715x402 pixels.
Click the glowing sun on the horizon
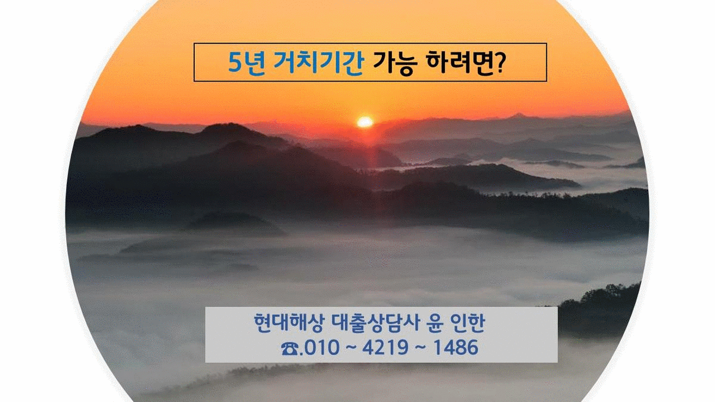click(365, 122)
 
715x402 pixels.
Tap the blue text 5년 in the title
click(247, 62)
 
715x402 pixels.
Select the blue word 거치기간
click(319, 62)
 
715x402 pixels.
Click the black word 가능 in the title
click(395, 63)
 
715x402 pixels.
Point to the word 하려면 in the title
click(459, 62)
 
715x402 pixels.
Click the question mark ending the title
click(499, 63)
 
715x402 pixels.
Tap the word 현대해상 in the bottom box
click(290, 323)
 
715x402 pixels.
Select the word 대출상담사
click(376, 323)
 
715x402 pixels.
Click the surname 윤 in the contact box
click(435, 323)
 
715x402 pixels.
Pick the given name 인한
click(468, 323)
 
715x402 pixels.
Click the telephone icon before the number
click(290, 349)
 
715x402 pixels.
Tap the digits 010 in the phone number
click(322, 347)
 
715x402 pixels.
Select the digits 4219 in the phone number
click(386, 347)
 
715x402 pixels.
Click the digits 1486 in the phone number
click(456, 347)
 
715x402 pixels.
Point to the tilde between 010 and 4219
click(351, 347)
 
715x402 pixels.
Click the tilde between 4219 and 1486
click(421, 347)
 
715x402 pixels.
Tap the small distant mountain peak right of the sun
click(517, 116)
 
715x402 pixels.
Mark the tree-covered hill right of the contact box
click(600, 310)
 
